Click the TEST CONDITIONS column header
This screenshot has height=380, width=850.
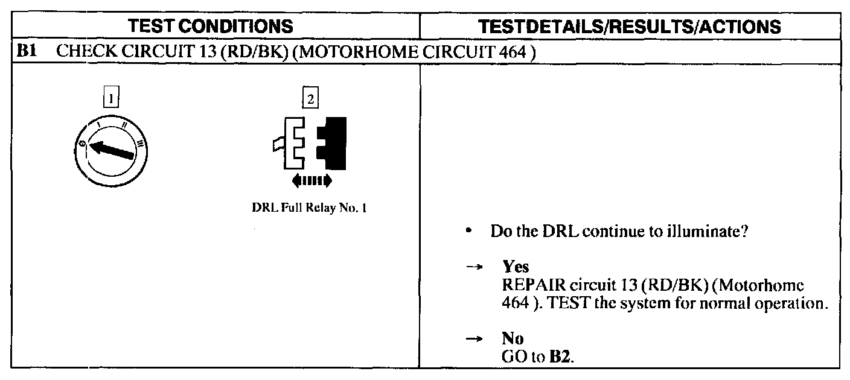point(213,26)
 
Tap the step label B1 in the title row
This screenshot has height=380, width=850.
point(28,52)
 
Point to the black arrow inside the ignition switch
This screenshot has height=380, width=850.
point(112,148)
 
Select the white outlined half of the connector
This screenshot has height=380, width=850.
point(294,144)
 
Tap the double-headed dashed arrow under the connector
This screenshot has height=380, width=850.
point(311,180)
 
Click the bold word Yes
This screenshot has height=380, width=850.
point(516,268)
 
